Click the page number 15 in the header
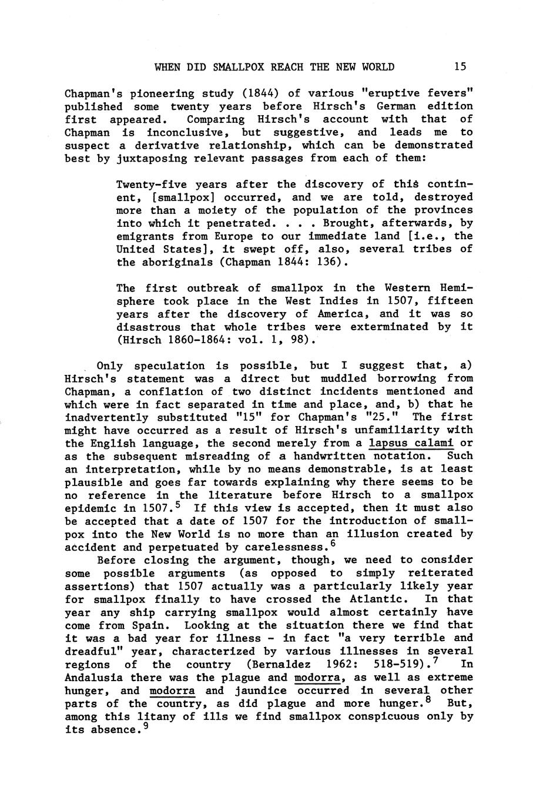point(460,67)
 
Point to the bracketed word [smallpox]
point(152,197)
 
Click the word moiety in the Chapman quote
point(202,210)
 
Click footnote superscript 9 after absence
point(146,726)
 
